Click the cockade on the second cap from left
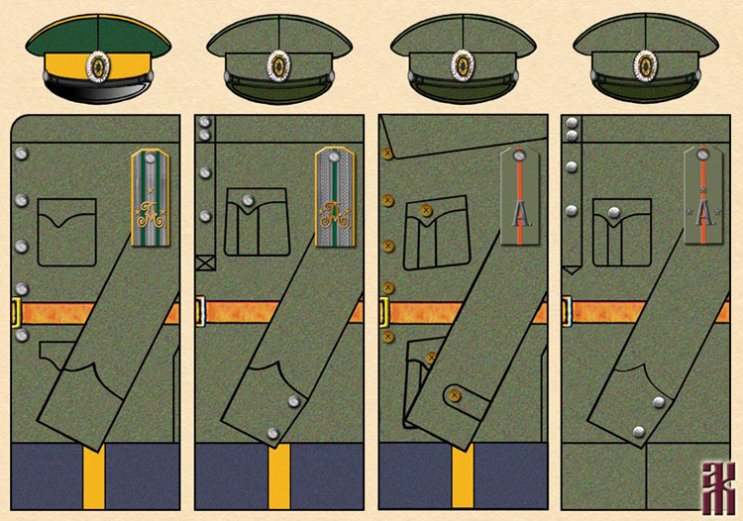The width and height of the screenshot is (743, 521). pos(279,65)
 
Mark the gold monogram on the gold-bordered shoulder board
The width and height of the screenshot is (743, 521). pos(152,211)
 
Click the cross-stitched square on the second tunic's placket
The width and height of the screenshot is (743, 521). pos(205,263)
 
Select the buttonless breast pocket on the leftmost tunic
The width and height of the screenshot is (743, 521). pos(66,232)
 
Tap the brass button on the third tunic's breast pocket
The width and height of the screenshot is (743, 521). pos(426,210)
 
